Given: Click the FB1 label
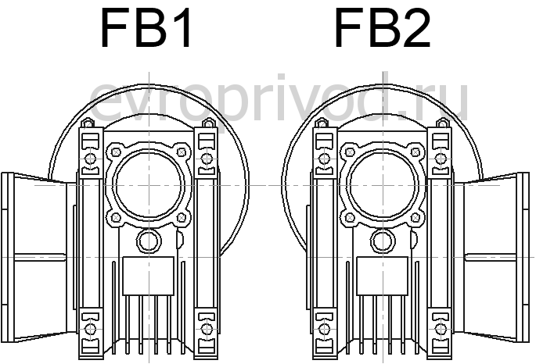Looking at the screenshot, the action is coord(146,28).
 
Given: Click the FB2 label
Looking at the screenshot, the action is coord(382,28).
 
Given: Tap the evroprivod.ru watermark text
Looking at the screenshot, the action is coord(279,99).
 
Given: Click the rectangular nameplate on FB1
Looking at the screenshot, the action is coord(149,276).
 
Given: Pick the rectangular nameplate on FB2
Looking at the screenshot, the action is coord(383,276).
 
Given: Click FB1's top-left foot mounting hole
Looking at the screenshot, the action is coord(91,159).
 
